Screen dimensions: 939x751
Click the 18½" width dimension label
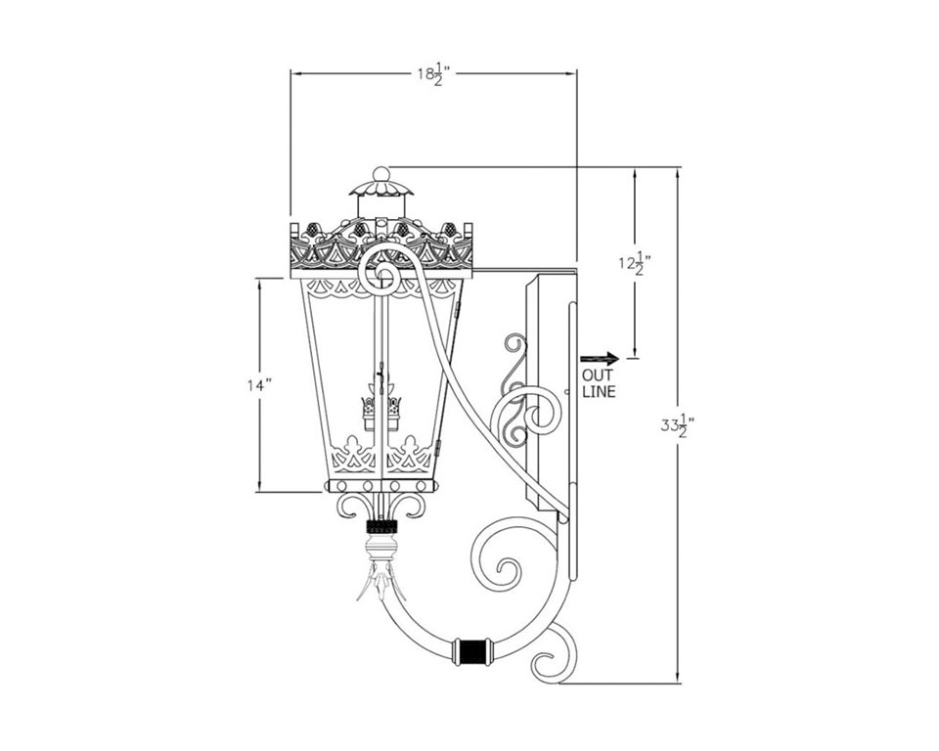click(433, 74)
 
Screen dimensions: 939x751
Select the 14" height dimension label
click(259, 385)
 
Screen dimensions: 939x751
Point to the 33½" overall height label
click(677, 425)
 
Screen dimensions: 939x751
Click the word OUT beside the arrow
click(597, 376)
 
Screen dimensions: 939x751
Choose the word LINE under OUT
click(599, 392)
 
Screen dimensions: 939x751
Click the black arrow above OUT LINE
click(600, 359)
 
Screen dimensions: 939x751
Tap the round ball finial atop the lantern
click(380, 174)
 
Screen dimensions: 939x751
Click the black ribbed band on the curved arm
click(473, 651)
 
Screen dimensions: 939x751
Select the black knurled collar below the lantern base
click(382, 526)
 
